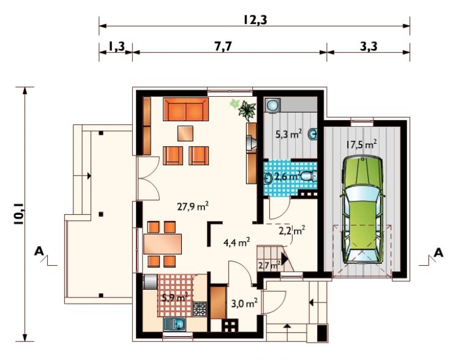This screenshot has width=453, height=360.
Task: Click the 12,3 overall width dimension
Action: (x=255, y=20)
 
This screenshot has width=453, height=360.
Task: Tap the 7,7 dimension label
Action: (x=223, y=47)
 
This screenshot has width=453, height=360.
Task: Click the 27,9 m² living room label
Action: (x=193, y=207)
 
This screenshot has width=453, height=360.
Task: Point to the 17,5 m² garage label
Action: (x=361, y=144)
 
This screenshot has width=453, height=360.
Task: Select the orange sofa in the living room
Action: (x=185, y=109)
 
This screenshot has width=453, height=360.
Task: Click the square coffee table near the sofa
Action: (x=185, y=133)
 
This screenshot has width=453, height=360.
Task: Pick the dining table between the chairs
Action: (x=163, y=244)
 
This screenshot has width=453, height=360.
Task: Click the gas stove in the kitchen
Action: (x=200, y=309)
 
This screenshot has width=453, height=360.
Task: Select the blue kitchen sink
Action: (x=175, y=324)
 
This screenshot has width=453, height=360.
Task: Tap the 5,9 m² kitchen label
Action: (x=175, y=298)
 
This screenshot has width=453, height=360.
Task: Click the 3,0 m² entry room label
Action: (x=244, y=304)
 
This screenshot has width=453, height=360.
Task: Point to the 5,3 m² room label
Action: (x=288, y=134)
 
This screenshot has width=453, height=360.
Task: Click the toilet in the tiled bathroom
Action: (x=309, y=176)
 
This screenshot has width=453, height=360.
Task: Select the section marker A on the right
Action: (x=438, y=253)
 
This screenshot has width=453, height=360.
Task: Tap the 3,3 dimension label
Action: (x=369, y=47)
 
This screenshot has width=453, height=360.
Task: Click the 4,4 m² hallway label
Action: (x=237, y=242)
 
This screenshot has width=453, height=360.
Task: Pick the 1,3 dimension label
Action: (x=117, y=47)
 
